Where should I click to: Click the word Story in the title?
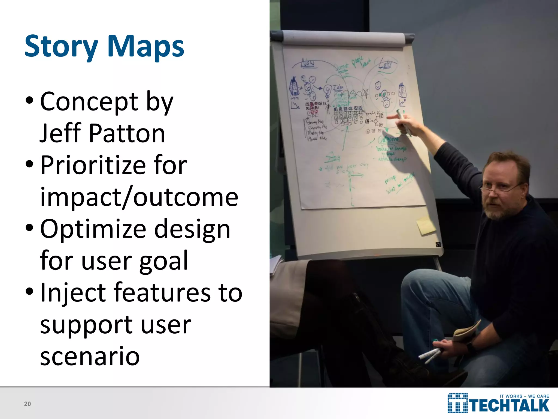(61, 46)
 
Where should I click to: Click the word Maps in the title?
(145, 46)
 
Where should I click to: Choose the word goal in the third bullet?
(163, 261)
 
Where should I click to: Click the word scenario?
(90, 356)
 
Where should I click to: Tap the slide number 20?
(28, 404)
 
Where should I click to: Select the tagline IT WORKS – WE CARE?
(524, 396)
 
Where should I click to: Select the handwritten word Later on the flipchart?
(386, 64)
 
